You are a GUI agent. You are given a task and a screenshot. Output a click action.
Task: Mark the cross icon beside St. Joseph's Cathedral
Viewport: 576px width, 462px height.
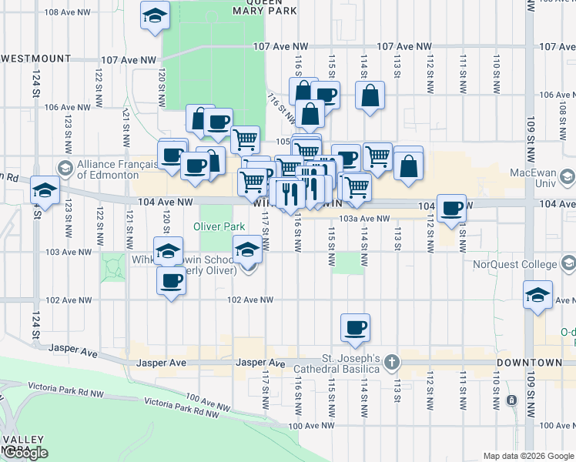coord(392,362)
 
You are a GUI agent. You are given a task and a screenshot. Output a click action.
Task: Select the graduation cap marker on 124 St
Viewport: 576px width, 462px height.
coord(45,189)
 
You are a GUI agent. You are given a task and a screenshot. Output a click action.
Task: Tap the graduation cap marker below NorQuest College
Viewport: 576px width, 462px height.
coord(537,294)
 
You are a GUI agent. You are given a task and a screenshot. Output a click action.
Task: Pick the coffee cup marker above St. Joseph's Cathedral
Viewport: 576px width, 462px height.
coord(355,327)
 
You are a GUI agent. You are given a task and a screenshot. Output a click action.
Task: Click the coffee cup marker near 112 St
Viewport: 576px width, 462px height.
coord(450,206)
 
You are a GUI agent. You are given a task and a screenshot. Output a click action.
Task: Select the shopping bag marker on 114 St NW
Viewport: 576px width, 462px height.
coord(370,96)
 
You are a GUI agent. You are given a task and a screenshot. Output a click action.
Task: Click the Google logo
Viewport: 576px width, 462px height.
coord(25,453)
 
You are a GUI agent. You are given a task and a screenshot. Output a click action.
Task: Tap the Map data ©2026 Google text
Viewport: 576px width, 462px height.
coord(528,456)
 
